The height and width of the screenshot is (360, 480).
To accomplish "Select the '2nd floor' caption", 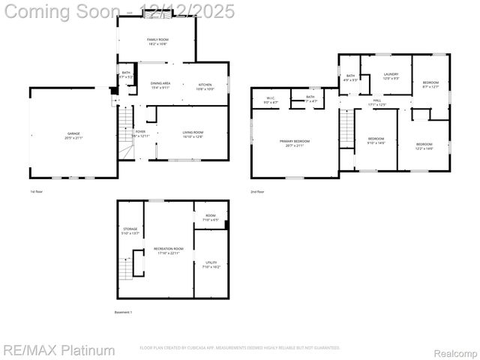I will (x=257, y=192).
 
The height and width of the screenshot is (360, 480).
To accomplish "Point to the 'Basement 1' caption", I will (x=123, y=311).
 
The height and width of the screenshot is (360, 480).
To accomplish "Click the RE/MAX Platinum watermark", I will (x=59, y=350).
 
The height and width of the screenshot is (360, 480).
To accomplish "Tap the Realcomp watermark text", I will (x=457, y=352).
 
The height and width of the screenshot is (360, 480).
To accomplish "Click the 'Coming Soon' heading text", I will (x=61, y=11).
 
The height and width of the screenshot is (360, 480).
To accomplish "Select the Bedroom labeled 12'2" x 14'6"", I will (x=424, y=145).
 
